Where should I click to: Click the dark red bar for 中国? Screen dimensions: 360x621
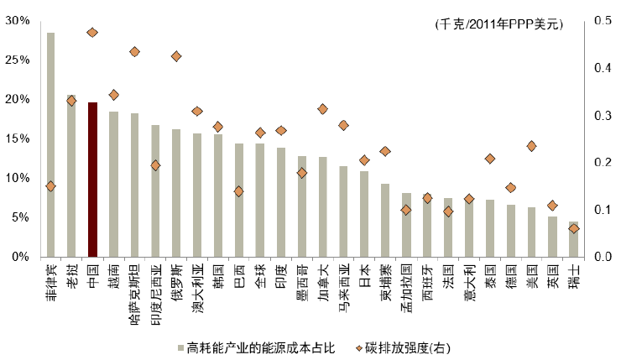[92, 180]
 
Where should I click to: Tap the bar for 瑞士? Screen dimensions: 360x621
[573, 239]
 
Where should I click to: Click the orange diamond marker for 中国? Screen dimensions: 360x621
[92, 33]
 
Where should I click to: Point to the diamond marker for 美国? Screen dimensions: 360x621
[531, 146]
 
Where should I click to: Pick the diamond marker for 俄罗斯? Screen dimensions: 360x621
[176, 56]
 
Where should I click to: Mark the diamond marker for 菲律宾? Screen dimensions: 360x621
[50, 186]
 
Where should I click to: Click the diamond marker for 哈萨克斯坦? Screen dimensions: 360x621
[134, 52]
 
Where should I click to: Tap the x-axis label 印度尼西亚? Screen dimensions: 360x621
[156, 290]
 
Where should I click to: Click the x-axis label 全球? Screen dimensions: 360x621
[260, 275]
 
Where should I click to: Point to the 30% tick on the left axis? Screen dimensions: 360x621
[18, 20]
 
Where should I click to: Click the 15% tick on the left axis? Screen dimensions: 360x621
[18, 138]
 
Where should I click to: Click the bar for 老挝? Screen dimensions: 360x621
[71, 176]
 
